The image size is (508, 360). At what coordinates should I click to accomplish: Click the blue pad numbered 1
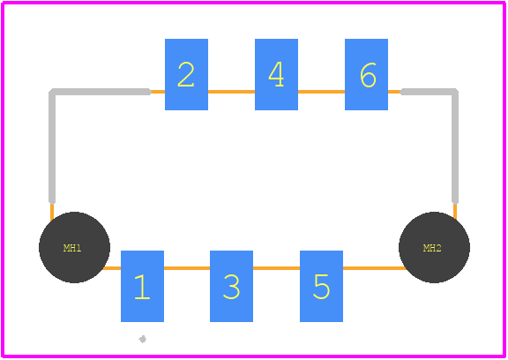(x=142, y=286)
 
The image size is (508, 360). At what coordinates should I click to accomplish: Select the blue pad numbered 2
(x=186, y=74)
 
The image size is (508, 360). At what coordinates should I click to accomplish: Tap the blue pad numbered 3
(x=231, y=286)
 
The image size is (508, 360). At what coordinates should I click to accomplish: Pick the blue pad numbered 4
(x=276, y=74)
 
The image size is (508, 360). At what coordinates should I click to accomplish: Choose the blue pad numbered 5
(x=321, y=286)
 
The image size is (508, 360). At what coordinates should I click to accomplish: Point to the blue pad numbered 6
(x=366, y=74)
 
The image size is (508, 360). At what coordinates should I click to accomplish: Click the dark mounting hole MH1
(x=74, y=248)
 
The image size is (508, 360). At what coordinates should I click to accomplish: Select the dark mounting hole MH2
(x=435, y=248)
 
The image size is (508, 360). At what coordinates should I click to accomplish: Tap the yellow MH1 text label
(x=72, y=248)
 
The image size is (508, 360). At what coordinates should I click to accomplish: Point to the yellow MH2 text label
(x=432, y=248)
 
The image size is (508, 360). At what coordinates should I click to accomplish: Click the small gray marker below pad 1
(x=142, y=339)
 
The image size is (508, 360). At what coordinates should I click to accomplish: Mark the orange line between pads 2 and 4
(x=231, y=92)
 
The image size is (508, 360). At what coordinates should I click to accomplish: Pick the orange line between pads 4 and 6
(x=321, y=92)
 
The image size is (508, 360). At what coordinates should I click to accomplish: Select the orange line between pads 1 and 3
(x=187, y=268)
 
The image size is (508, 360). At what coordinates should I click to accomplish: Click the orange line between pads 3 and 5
(x=276, y=268)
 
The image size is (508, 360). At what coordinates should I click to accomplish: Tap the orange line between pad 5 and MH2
(x=374, y=268)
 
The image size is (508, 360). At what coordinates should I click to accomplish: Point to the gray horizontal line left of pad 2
(x=101, y=92)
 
